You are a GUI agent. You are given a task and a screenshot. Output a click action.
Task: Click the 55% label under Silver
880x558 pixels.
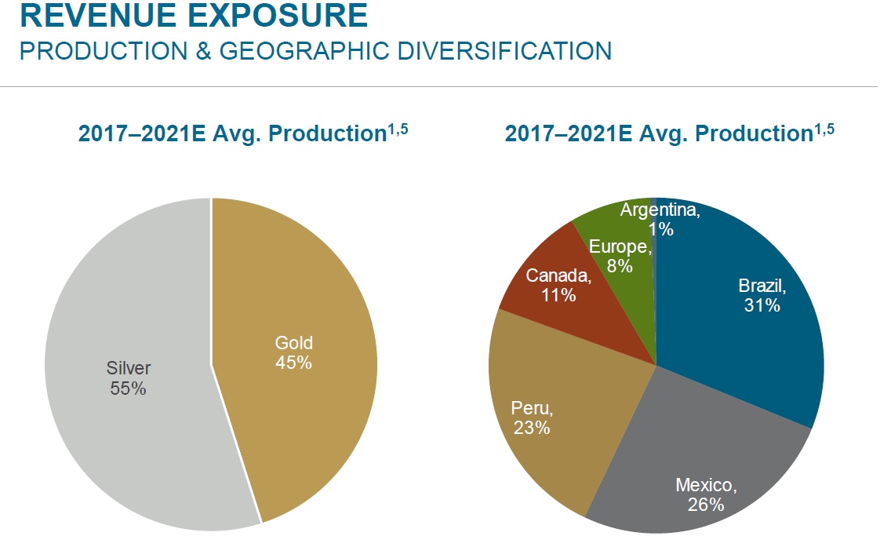point(128,388)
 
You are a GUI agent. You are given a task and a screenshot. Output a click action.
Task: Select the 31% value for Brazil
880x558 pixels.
point(762,305)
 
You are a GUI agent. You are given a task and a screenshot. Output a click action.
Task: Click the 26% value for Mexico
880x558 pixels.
point(706,504)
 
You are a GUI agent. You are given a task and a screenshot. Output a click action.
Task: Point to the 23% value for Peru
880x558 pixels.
point(532,428)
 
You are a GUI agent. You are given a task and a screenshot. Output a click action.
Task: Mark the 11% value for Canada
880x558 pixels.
point(558,295)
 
